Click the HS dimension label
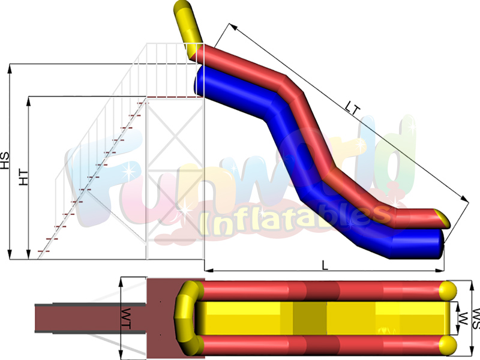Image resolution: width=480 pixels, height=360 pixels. coord(5,161)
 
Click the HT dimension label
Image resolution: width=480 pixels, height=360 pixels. coord(24,178)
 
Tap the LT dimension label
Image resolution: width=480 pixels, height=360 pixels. coord(352,108)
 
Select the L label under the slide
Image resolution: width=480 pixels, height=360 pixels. coord(325,265)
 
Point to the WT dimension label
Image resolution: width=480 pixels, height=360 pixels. coord(126,319)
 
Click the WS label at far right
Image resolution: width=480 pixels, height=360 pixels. coord(476,319)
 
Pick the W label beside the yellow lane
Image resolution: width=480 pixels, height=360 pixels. coord(463,319)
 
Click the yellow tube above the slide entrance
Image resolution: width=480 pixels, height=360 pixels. coord(187,29)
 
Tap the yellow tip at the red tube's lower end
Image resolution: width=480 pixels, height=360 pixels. coord(443,218)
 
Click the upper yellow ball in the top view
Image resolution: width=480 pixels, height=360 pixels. coord(448,290)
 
